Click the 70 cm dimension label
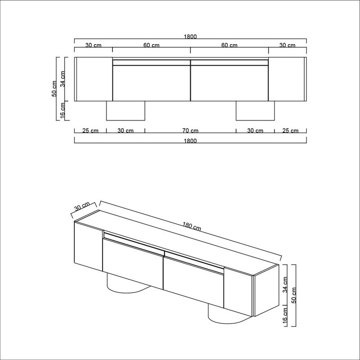tap(190, 131)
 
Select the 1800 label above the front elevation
tap(190, 37)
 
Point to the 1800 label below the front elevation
tap(190, 140)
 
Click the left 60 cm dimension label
tap(152, 45)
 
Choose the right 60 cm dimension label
tap(229, 45)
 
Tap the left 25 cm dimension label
tap(90, 131)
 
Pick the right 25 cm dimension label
tap(290, 131)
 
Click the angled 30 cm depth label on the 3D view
tap(82, 207)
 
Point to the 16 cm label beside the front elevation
tap(63, 111)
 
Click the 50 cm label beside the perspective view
tap(295, 294)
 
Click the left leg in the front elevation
tap(126, 111)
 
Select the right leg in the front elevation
tap(255, 111)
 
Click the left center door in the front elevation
tap(151, 83)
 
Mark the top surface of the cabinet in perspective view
tap(180, 236)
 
